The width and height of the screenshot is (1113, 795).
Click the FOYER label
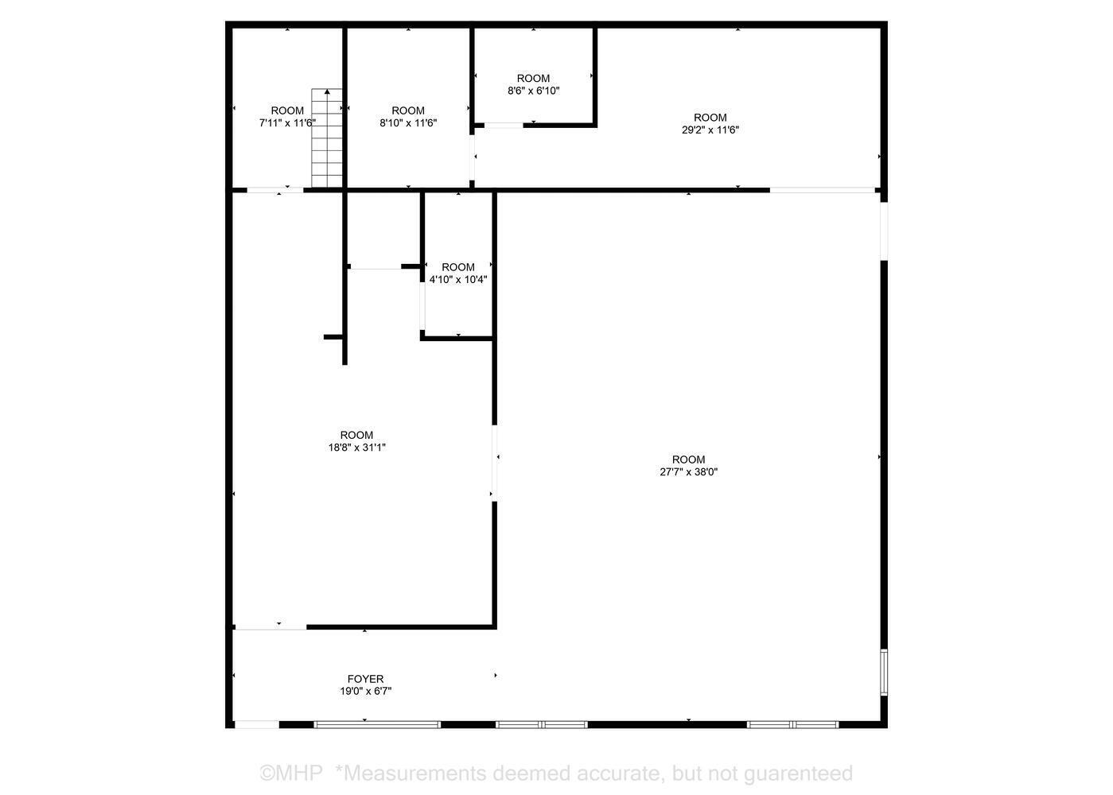click(x=365, y=679)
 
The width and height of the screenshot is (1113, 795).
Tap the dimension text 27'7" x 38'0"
click(x=688, y=471)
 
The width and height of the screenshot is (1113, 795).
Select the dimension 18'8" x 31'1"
click(x=356, y=448)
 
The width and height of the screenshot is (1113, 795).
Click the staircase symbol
click(x=327, y=139)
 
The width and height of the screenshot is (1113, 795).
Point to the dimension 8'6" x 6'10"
click(x=533, y=91)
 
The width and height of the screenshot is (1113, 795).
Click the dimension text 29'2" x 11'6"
click(x=710, y=130)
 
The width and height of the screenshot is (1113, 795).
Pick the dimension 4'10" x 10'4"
click(x=457, y=279)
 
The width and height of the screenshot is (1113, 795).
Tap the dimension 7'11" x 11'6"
click(x=287, y=122)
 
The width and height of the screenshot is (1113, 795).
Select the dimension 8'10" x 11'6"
click(x=408, y=122)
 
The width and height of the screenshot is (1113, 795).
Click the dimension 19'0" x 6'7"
click(x=365, y=691)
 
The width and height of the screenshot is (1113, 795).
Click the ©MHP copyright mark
click(x=291, y=773)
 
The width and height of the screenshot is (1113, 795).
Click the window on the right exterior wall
click(x=883, y=672)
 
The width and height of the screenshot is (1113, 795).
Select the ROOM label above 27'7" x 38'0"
click(x=688, y=460)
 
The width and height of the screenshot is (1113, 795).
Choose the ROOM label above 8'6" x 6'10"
click(x=533, y=78)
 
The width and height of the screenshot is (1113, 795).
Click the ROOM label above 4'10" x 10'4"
click(x=457, y=267)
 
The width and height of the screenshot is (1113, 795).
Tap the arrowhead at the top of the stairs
click(x=327, y=91)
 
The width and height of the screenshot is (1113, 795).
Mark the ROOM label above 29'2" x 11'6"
click(x=710, y=118)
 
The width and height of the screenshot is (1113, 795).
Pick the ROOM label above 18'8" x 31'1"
click(x=356, y=435)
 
